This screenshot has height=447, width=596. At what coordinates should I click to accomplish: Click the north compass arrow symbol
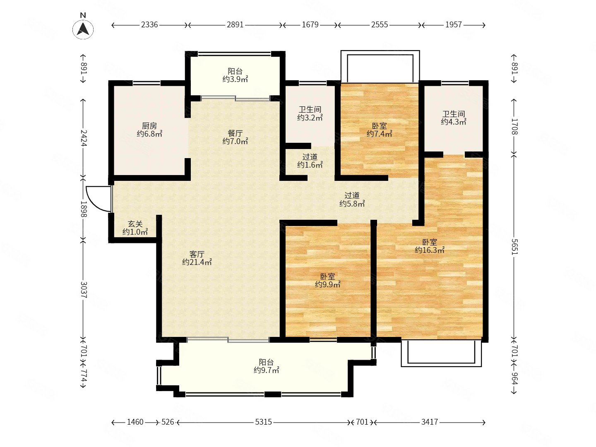tap(83, 29)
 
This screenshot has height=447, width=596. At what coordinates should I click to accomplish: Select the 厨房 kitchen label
tap(149, 130)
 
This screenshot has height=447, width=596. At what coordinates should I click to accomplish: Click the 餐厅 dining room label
tap(235, 137)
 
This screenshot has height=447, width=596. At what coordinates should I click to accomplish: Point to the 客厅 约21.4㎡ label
tap(197, 258)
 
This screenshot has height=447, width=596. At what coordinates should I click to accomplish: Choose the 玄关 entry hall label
tap(135, 228)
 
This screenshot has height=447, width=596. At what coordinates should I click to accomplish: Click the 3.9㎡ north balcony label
tap(235, 75)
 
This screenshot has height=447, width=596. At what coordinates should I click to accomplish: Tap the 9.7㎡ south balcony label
tap(267, 366)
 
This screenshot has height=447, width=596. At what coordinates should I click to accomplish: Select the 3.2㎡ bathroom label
tap(310, 113)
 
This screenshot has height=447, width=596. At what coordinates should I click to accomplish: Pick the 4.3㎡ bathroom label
tap(454, 118)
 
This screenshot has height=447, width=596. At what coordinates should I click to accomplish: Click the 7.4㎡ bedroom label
tap(379, 130)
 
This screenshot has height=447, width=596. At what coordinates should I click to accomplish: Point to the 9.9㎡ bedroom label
tap(328, 280)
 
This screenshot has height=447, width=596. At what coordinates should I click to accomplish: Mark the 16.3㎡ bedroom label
tap(430, 246)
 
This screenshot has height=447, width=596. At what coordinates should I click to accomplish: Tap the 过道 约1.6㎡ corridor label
tap(310, 161)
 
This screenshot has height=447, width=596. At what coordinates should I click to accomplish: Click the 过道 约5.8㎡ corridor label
tap(352, 199)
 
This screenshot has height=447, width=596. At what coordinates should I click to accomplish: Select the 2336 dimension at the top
tap(149, 25)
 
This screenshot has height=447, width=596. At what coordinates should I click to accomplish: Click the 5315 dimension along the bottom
tap(263, 422)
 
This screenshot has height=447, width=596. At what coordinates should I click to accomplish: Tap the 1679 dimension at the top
tap(310, 25)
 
